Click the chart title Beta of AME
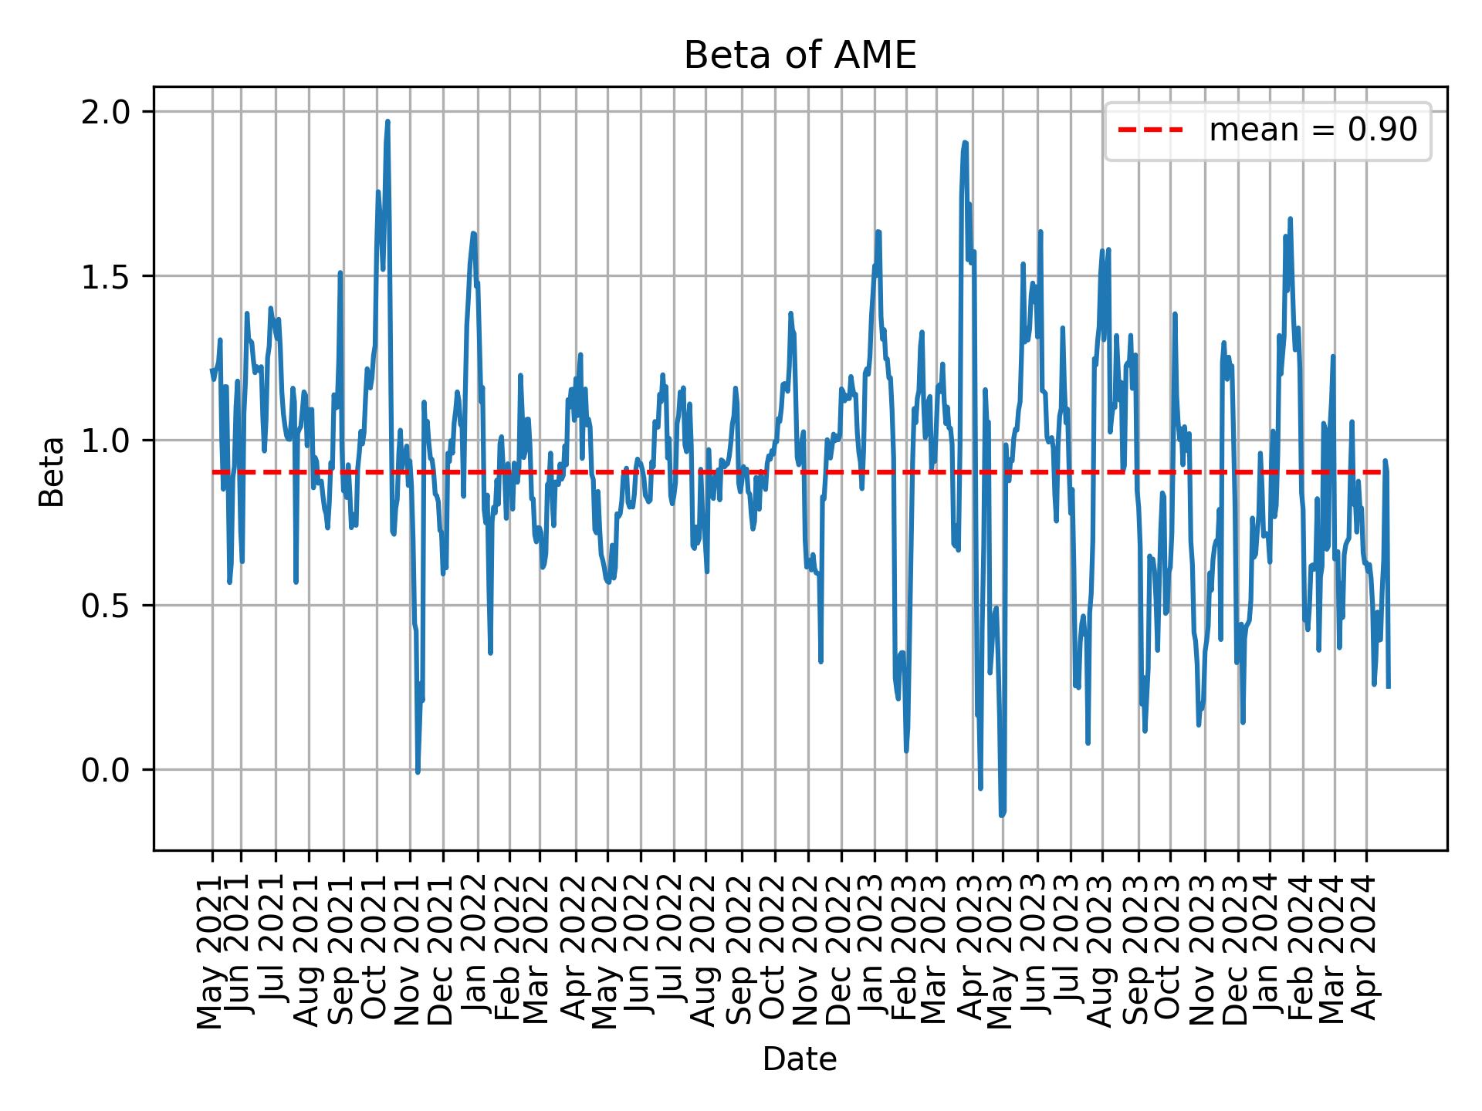point(800,56)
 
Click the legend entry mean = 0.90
point(1312,130)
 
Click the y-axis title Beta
point(52,471)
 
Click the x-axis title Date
point(800,1060)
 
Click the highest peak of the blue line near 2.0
point(387,122)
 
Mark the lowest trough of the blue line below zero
point(1002,814)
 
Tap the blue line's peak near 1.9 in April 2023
point(965,143)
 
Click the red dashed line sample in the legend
point(1150,130)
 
